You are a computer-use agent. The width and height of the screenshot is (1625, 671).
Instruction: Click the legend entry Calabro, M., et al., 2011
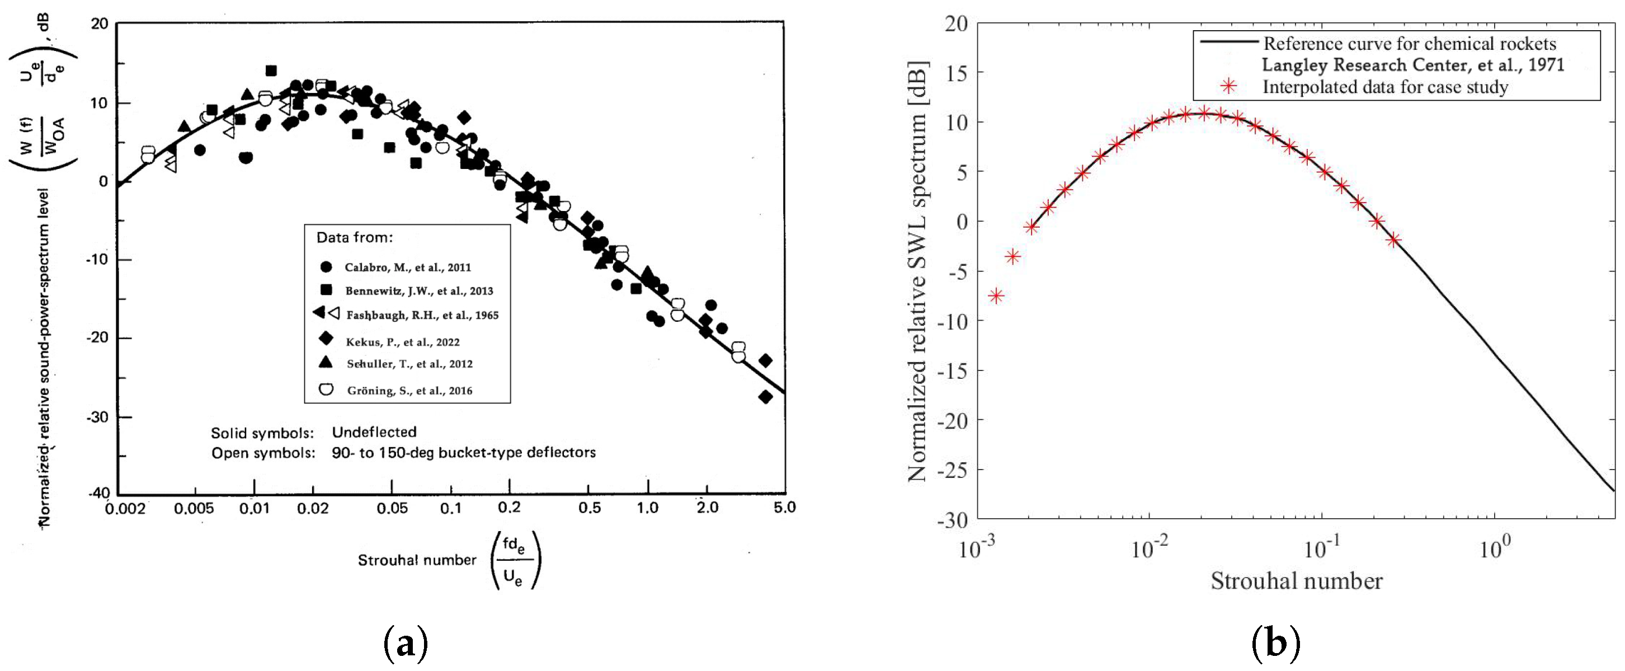(408, 267)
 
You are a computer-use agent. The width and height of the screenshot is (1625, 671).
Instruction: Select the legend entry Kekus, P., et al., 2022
(402, 342)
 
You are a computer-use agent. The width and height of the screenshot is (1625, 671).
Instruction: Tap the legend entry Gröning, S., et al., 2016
(409, 391)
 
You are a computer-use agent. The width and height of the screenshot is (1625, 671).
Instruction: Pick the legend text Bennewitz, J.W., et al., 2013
(419, 291)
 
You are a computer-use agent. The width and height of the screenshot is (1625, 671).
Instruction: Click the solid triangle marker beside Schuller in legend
(326, 362)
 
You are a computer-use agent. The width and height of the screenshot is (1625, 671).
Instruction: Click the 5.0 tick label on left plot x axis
(784, 507)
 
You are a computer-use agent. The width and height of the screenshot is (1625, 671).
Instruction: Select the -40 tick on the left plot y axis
(98, 493)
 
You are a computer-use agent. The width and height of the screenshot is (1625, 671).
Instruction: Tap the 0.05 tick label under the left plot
(392, 508)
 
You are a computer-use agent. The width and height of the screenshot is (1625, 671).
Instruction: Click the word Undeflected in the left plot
(374, 433)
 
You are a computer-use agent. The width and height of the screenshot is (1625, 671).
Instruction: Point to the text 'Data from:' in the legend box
(354, 238)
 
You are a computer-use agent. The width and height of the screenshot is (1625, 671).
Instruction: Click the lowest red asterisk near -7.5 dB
(996, 295)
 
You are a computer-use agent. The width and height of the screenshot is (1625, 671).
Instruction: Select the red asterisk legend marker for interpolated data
(1228, 87)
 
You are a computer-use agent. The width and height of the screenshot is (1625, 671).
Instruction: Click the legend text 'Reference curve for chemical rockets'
(1409, 44)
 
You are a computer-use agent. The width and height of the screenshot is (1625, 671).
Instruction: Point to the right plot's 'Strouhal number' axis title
(1296, 581)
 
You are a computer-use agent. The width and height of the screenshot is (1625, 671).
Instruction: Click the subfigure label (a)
(406, 644)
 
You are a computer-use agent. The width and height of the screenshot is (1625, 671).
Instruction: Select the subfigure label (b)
(1275, 644)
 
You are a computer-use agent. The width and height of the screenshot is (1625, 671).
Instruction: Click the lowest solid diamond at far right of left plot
(765, 397)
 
